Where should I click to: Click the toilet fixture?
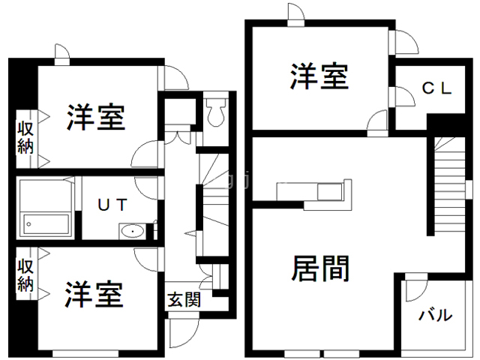(x=216, y=112)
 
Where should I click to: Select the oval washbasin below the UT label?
(x=133, y=230)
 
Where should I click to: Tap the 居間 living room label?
(x=319, y=268)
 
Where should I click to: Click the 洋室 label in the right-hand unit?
(x=319, y=77)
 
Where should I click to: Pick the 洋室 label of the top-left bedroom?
(x=95, y=117)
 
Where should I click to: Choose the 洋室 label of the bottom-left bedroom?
(x=94, y=294)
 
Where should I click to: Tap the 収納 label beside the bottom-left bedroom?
(x=25, y=275)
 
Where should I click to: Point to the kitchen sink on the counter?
(x=328, y=192)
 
